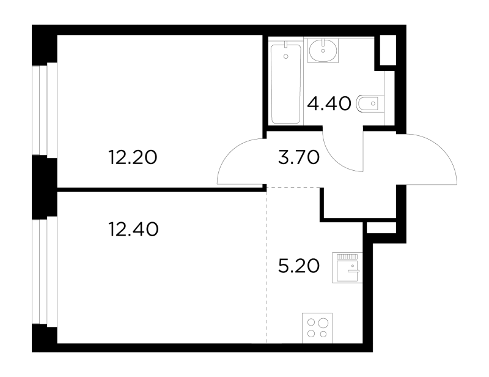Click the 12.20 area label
pos(133,157)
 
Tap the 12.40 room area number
pos(133,230)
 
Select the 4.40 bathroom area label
pos(329,103)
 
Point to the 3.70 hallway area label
pos(299,157)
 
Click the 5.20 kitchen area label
pos(299,266)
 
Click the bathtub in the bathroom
pos(286,84)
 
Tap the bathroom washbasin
pos(323,50)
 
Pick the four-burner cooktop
pos(317,328)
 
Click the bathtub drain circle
pos(286,56)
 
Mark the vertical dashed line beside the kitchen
pos(267,266)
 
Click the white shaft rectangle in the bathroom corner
pos(388,50)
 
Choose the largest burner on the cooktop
pos(323,323)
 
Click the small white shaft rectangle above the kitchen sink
pos(381,228)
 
